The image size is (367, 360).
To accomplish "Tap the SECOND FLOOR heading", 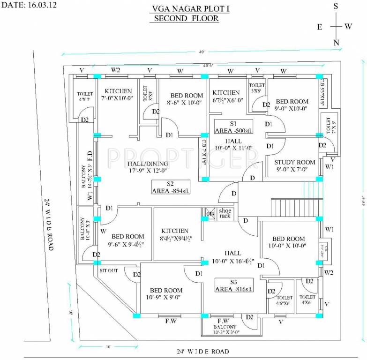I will [x=183, y=19].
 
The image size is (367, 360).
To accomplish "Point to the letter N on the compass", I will [x=336, y=43].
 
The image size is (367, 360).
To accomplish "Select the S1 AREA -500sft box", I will [x=232, y=126].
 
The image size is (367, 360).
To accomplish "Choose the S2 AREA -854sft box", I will [x=171, y=187].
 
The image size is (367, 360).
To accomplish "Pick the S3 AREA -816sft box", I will [x=233, y=286].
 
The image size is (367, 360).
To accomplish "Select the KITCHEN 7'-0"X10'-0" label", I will [x=118, y=94].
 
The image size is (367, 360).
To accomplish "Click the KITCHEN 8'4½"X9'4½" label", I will [x=175, y=234].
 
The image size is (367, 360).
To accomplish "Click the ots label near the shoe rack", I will [x=211, y=214].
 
